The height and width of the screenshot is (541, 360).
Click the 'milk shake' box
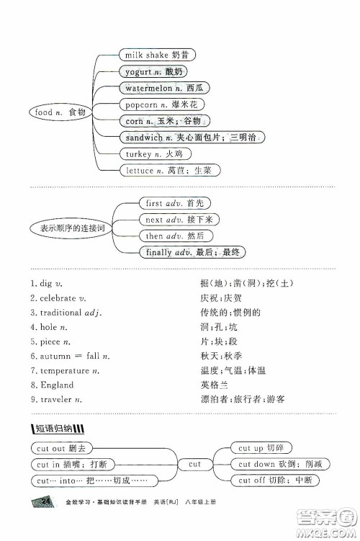click(156, 55)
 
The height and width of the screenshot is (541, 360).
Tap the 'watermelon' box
click(160, 88)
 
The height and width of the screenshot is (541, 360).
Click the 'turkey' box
click(148, 154)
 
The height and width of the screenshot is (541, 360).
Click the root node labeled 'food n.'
click(60, 112)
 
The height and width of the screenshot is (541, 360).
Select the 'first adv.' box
click(169, 204)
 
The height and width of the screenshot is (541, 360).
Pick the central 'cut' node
click(194, 465)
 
